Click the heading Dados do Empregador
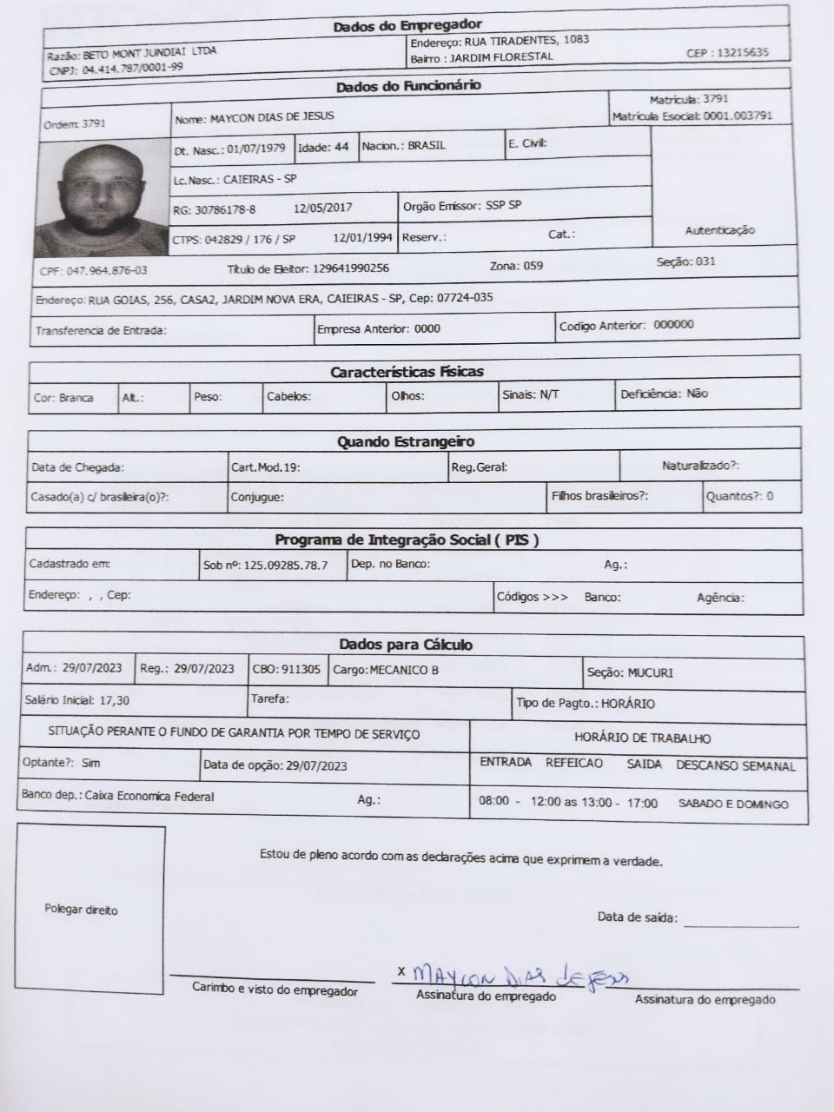(x=407, y=26)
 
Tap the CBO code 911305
(x=301, y=670)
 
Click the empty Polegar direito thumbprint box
(x=89, y=909)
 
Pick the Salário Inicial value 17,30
(x=115, y=700)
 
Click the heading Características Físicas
(x=407, y=372)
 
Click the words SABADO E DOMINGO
(x=733, y=804)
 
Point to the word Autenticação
(x=719, y=230)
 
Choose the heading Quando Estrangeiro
(x=406, y=442)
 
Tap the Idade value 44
(x=341, y=147)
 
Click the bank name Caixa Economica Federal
(x=149, y=796)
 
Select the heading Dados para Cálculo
(x=406, y=645)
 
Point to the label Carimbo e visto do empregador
(x=275, y=990)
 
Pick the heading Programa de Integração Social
(x=407, y=539)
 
